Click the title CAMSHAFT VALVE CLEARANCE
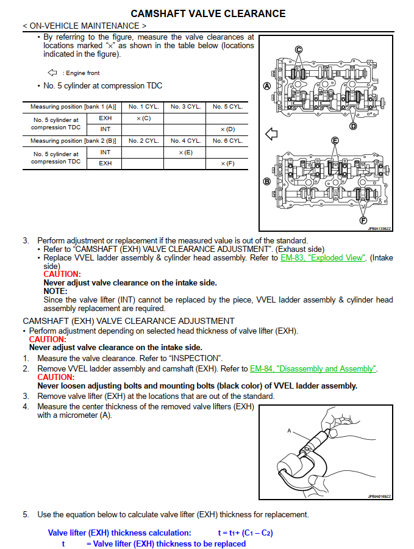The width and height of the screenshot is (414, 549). point(208,13)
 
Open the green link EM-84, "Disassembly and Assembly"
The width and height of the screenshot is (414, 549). point(313,368)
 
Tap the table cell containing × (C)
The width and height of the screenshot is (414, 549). point(143,118)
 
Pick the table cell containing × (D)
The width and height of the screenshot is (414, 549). point(227,129)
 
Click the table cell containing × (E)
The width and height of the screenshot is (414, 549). point(185,152)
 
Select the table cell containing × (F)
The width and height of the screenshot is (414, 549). point(227,163)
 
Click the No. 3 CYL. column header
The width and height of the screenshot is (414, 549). point(185,107)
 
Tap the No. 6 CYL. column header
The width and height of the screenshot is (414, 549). point(227,140)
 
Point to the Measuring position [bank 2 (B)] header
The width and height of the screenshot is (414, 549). point(73,140)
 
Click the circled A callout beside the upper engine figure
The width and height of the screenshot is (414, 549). point(266,86)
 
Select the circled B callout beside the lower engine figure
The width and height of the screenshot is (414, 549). point(266,181)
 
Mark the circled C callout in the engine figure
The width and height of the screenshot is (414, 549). point(299,49)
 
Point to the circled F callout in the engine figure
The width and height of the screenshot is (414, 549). point(364,220)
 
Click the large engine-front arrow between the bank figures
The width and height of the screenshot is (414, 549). point(272,134)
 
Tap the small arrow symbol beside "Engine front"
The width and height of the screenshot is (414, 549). point(52,73)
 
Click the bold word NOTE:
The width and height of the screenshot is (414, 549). point(55,291)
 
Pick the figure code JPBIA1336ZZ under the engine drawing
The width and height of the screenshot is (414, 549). point(380,229)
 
